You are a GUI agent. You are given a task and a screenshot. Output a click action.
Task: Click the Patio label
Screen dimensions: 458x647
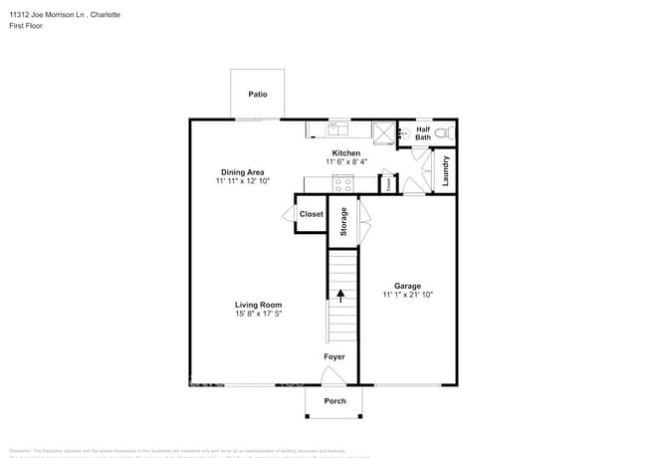[258, 95]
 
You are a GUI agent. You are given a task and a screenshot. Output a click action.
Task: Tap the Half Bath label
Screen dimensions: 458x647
[423, 132]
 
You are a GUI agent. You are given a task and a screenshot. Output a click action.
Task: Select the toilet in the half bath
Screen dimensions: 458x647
[449, 132]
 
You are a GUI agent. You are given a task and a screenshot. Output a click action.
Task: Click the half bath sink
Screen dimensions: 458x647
[403, 131]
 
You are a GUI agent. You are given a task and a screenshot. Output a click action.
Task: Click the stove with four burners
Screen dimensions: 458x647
[342, 183]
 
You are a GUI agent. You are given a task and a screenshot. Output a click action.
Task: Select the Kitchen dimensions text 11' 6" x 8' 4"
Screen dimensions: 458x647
[345, 162]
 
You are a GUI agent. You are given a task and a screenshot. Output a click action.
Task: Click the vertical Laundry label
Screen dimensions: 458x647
[446, 170]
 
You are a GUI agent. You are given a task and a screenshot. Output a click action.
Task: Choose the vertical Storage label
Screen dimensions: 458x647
[343, 221]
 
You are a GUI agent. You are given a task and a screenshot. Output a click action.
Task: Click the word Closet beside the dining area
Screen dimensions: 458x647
[312, 214]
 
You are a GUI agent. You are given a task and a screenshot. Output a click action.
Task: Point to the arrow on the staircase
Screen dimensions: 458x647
[341, 296]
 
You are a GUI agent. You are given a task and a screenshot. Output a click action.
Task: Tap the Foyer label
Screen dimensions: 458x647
[334, 356]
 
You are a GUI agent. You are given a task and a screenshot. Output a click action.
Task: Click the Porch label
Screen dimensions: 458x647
[335, 401]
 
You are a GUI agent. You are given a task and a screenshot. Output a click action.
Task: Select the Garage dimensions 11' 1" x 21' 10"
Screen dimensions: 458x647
[407, 295]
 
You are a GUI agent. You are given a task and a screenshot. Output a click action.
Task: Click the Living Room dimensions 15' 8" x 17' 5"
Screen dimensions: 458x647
[258, 315]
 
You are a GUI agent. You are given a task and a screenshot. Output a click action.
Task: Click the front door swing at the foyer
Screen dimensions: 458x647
[332, 375]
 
